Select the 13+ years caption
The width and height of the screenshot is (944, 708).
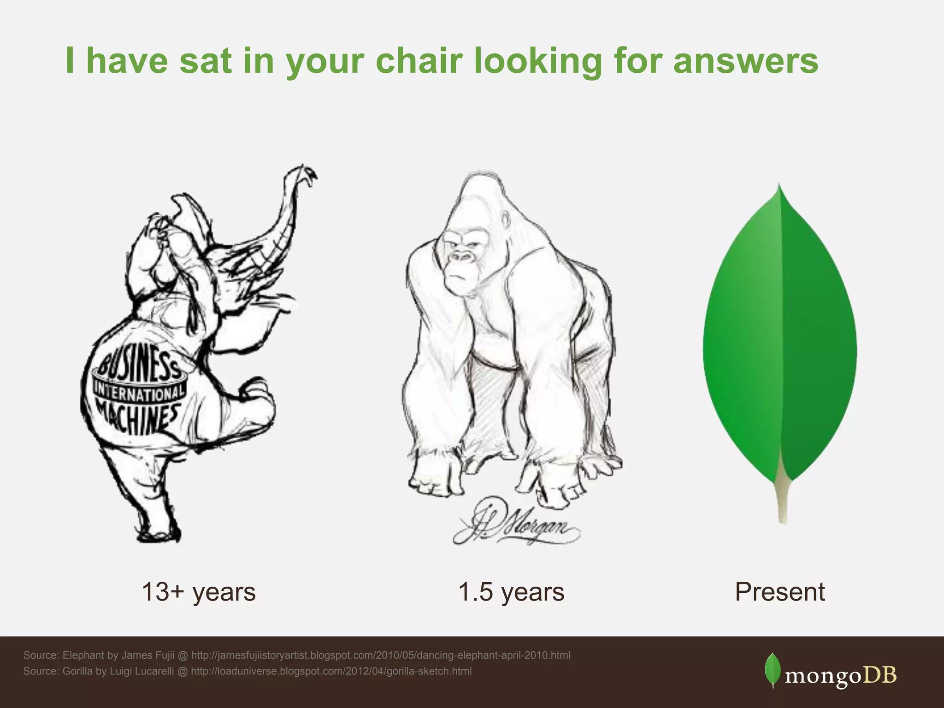pos(198,592)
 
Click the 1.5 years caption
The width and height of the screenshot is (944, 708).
pos(511,592)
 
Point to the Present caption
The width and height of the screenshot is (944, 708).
pos(779,592)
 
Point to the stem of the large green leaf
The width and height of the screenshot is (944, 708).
pos(782,502)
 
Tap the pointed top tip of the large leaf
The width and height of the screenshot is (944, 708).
pos(779,186)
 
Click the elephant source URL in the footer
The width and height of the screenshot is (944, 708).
pos(380,655)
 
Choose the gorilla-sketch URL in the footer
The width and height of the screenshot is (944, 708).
pos(331,671)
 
